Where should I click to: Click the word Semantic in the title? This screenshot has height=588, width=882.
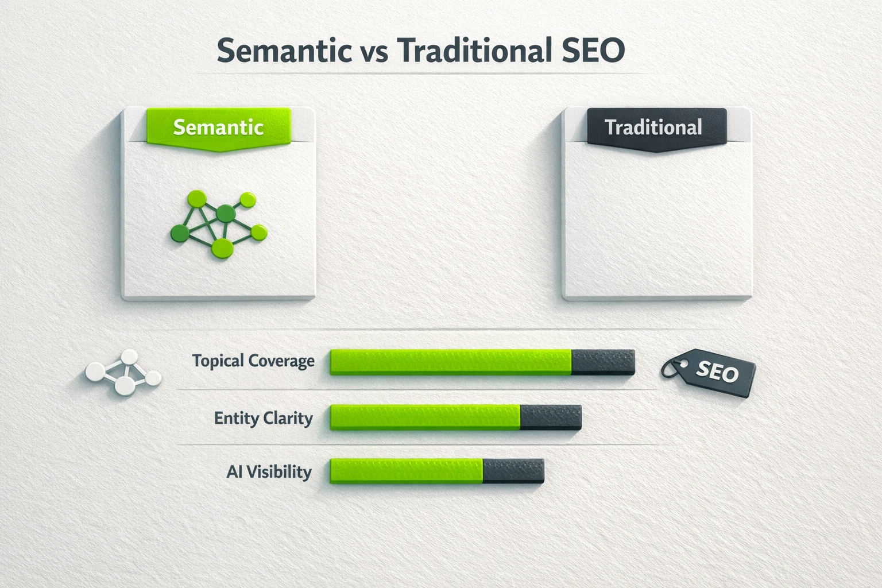pos(284,51)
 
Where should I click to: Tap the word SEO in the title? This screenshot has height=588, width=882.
pos(591,51)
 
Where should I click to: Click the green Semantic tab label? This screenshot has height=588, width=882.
pos(218,127)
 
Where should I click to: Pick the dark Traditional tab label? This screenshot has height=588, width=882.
pos(653,127)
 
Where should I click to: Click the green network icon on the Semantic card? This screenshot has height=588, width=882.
pos(219,224)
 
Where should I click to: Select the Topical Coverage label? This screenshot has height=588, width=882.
pos(253,361)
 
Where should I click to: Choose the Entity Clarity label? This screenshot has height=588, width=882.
pos(263,418)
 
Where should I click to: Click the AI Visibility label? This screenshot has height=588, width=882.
pos(269,472)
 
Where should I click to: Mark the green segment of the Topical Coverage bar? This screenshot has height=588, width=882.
pos(451,362)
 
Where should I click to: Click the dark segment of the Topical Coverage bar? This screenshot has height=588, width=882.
pos(603,362)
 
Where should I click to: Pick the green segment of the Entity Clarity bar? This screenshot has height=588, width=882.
pos(425,417)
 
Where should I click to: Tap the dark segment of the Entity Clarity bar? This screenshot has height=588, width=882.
pos(551,417)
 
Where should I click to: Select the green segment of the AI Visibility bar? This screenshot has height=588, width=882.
pos(406,471)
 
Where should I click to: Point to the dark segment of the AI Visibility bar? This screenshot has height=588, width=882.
pos(513,471)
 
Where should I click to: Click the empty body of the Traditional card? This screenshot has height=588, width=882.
pos(656,224)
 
